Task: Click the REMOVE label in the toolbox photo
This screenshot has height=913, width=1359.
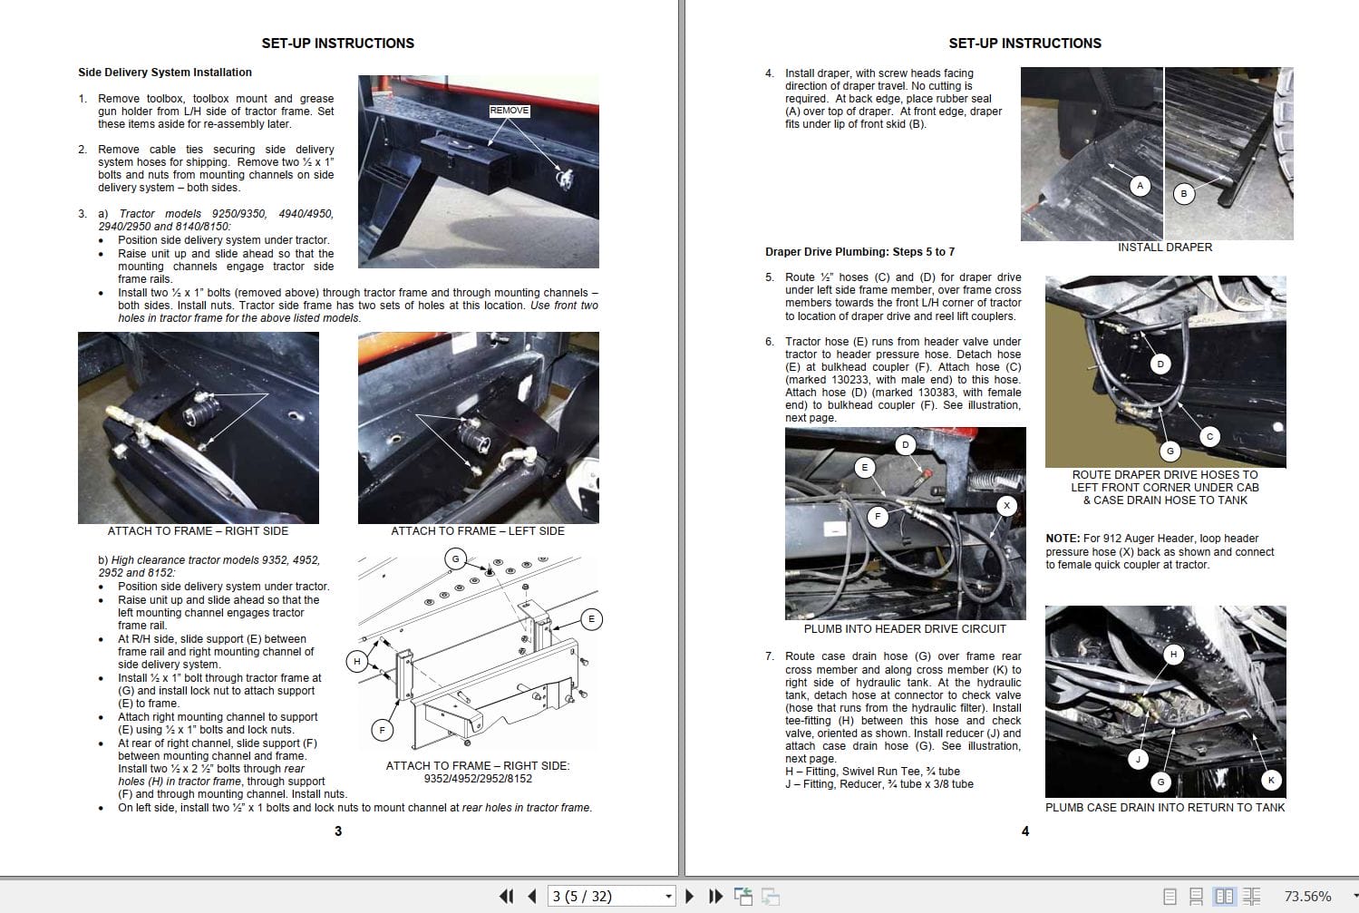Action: tap(509, 111)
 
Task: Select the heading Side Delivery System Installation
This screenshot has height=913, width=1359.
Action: tap(165, 73)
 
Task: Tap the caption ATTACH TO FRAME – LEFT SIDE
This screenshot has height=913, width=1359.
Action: tap(477, 531)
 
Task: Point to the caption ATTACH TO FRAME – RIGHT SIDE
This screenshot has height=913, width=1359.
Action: tap(198, 531)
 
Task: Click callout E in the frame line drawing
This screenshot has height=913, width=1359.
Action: tap(591, 620)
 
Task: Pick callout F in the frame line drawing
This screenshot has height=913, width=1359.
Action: tap(382, 729)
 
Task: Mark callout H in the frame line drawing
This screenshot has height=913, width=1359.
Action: tap(357, 661)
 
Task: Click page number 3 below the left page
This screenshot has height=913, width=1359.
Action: tap(338, 830)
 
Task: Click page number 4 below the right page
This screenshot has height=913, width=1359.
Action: tap(1025, 830)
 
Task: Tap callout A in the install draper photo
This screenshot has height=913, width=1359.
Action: tap(1141, 186)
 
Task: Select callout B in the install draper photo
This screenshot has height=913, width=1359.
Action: tap(1183, 193)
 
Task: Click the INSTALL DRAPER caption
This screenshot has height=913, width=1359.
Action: tap(1164, 248)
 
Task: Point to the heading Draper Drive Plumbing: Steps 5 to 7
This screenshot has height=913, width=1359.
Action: tap(859, 252)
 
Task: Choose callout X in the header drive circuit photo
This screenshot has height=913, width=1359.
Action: tap(1006, 506)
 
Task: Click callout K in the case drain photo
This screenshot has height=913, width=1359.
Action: tap(1271, 780)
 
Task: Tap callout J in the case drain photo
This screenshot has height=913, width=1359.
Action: tap(1139, 759)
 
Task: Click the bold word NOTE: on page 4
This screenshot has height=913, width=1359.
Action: tap(1063, 539)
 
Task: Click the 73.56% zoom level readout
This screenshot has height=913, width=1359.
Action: tap(1307, 896)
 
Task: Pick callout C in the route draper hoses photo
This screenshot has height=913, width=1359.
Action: tap(1209, 436)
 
